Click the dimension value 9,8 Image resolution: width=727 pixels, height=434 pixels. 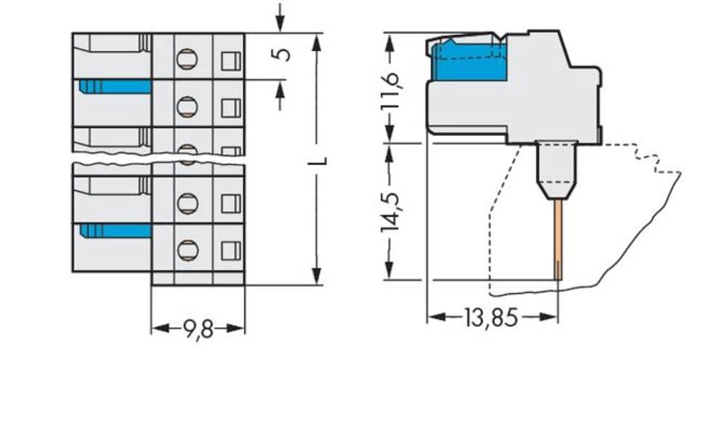198,329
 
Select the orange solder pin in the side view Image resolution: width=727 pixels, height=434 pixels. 558,240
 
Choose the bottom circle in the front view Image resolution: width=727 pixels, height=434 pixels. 187,251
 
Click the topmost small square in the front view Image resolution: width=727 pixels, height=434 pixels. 230,60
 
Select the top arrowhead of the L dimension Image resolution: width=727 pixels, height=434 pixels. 316,41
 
